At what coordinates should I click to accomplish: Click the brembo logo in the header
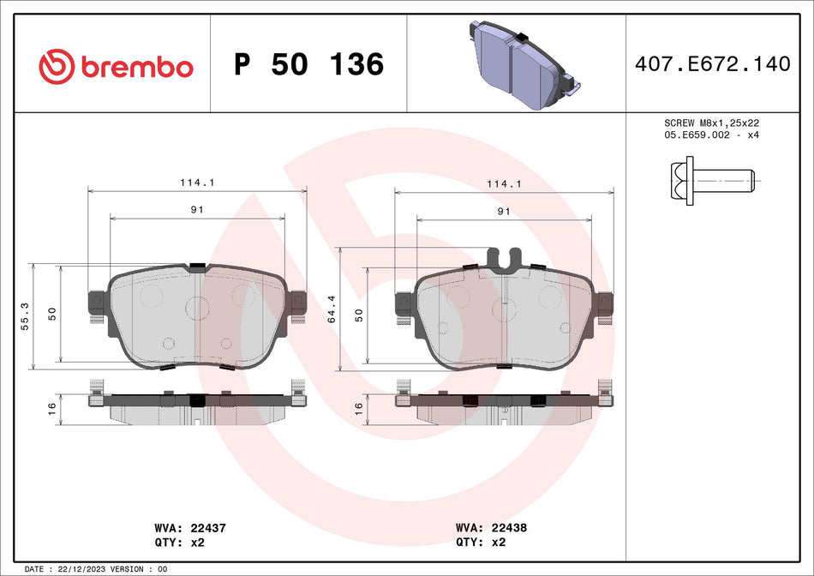coord(117,65)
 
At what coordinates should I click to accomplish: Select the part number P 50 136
coord(308,64)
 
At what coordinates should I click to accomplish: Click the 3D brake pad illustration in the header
coord(520,65)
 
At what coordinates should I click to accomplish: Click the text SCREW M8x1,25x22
coord(712,123)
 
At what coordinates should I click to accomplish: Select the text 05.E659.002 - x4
coord(712,135)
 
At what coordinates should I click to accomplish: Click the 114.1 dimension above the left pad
coord(198,183)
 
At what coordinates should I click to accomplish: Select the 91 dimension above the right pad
coord(504,211)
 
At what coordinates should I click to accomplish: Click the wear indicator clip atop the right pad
coord(504,257)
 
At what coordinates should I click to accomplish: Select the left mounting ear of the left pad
coord(96,303)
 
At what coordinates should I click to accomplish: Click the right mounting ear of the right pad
coord(606,303)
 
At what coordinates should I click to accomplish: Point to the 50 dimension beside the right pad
coord(359,315)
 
